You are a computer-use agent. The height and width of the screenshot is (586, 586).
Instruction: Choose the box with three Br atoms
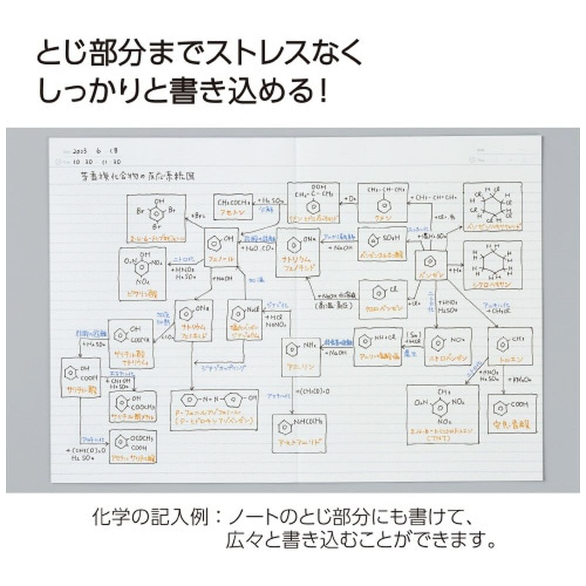[x=156, y=218]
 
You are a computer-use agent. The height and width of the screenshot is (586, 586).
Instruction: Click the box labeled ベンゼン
[x=431, y=265]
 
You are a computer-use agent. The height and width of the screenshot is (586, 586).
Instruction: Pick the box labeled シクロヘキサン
[x=492, y=265]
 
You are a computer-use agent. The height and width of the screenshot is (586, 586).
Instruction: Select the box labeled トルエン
[x=505, y=347]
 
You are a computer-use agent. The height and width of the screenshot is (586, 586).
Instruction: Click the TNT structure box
[x=442, y=414]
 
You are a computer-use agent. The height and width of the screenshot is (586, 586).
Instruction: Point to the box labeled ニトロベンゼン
[x=448, y=346]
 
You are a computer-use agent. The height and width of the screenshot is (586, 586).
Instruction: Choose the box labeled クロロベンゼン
[x=383, y=298]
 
